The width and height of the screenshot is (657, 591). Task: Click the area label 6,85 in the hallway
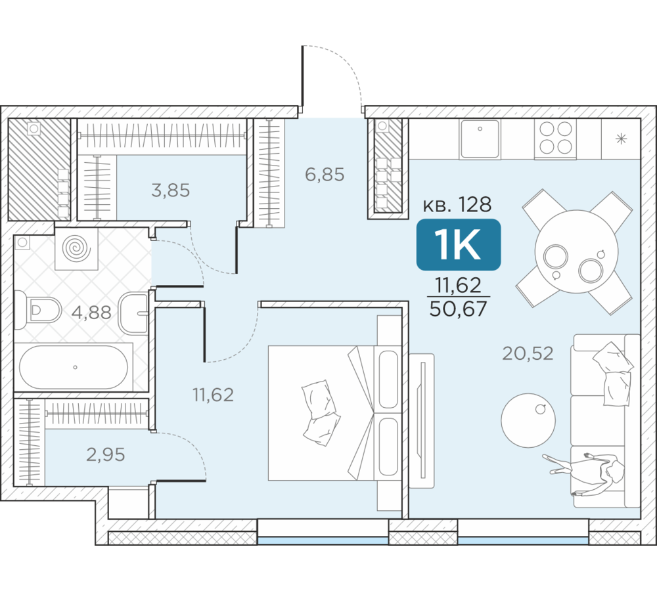click(325, 174)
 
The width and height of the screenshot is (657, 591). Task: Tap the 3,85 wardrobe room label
click(171, 190)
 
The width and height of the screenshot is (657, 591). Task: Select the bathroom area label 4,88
click(91, 313)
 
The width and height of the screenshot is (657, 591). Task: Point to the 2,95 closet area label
click(106, 454)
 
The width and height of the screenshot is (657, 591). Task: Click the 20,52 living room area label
click(528, 353)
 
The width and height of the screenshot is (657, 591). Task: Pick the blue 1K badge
click(459, 245)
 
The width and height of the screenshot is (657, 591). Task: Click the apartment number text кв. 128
click(457, 204)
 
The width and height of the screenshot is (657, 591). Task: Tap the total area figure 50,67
click(459, 309)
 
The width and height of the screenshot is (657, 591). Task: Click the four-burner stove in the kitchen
click(556, 138)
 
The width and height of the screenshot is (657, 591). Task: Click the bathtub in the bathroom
click(74, 367)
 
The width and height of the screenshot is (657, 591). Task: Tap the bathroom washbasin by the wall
click(134, 313)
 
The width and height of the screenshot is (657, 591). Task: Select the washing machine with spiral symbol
click(76, 249)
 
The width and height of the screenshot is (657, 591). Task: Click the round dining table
click(577, 252)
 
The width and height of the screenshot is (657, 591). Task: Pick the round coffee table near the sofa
click(528, 420)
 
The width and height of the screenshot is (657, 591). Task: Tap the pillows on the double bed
click(321, 412)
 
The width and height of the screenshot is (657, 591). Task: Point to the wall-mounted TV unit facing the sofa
click(422, 420)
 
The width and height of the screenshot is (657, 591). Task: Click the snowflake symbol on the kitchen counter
click(621, 139)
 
